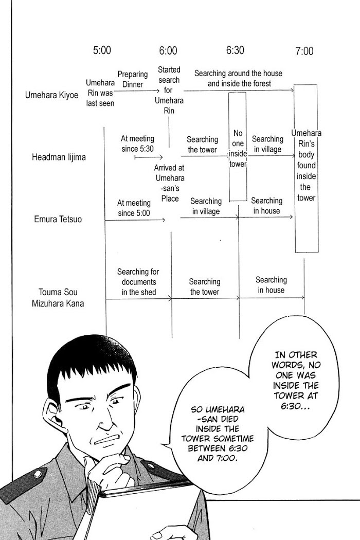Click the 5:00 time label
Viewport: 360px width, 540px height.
pyautogui.click(x=102, y=50)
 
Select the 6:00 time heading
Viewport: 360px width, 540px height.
pyautogui.click(x=168, y=50)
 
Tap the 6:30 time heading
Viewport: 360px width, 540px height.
pyautogui.click(x=235, y=50)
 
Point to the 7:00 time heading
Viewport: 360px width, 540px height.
pyautogui.click(x=304, y=51)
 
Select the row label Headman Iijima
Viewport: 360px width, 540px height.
pyautogui.click(x=58, y=157)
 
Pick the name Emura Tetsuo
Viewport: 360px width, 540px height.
pyautogui.click(x=54, y=219)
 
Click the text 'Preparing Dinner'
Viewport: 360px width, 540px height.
pyautogui.click(x=132, y=79)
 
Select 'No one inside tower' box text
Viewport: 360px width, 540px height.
pyautogui.click(x=238, y=149)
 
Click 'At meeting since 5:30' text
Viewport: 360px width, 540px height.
pyautogui.click(x=137, y=143)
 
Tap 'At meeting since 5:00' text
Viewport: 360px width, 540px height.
pyautogui.click(x=134, y=208)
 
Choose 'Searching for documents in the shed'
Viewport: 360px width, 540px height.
pyautogui.click(x=138, y=282)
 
